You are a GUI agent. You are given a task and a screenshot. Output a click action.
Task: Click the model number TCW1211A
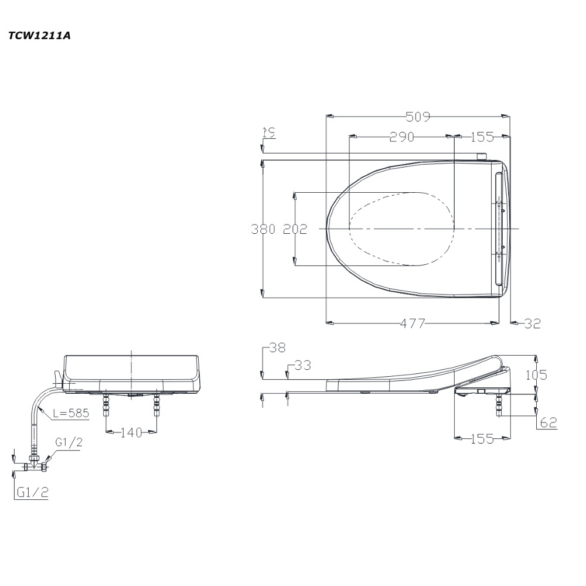[39, 36]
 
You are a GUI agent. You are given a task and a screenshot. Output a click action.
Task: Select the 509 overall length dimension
[418, 117]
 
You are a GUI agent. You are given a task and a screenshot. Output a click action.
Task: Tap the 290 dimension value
[402, 137]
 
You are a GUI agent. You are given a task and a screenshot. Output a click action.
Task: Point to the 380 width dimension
[263, 229]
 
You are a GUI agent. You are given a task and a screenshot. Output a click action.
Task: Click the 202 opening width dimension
[295, 229]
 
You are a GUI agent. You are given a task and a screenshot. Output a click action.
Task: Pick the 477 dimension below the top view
[413, 323]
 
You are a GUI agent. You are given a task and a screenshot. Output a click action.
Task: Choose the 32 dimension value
[533, 323]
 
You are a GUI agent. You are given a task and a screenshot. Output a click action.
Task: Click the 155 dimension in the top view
[482, 137]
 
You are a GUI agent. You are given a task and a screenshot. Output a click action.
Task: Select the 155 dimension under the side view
[482, 439]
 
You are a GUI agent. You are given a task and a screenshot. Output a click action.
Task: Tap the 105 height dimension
[536, 374]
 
